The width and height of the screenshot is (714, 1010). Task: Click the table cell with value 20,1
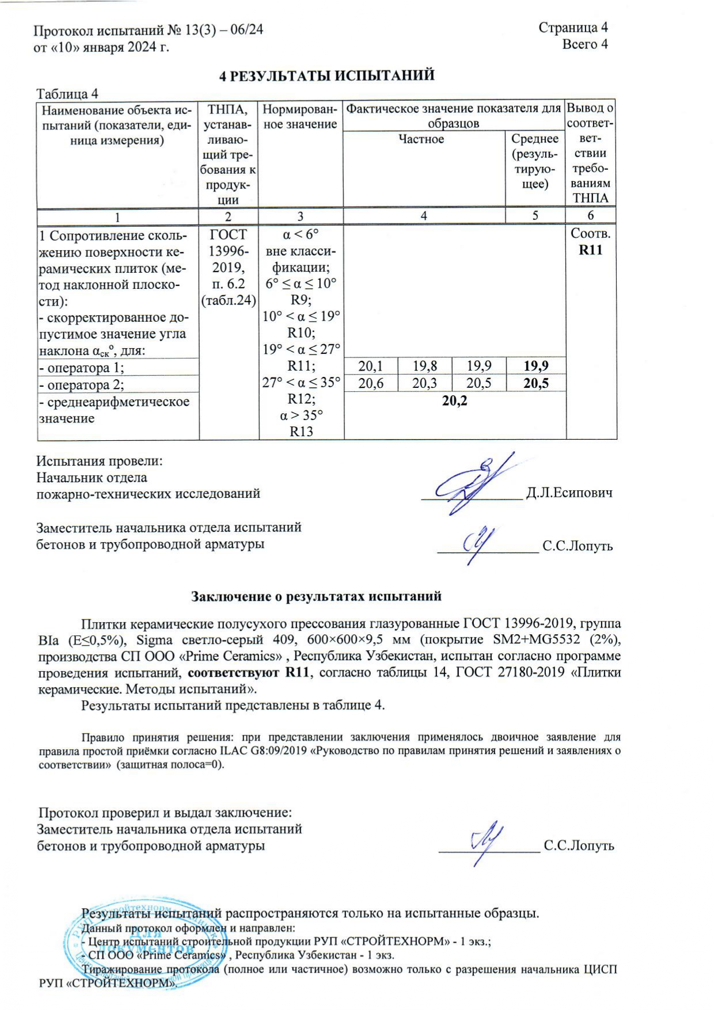coord(370,366)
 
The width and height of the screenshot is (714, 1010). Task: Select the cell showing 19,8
coord(424,366)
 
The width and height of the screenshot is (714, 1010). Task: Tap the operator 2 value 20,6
coord(370,383)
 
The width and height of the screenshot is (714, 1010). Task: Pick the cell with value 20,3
coord(424,383)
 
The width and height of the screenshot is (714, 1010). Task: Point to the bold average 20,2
coord(454,401)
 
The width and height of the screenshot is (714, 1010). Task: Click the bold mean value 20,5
coord(535,383)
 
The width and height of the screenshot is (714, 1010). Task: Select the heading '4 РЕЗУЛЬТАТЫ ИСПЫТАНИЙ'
coord(327,75)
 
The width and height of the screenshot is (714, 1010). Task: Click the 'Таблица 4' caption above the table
coord(67,93)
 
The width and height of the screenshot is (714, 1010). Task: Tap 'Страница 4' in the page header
coord(573,27)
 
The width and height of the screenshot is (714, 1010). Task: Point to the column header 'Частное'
coord(421,139)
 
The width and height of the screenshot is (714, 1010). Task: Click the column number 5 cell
coord(535,216)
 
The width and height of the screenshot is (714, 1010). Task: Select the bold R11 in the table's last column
coord(590,250)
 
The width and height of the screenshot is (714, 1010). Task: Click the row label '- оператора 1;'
coord(81,368)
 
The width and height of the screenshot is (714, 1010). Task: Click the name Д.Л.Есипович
coord(569,493)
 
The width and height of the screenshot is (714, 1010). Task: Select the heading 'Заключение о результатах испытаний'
coord(316,596)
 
